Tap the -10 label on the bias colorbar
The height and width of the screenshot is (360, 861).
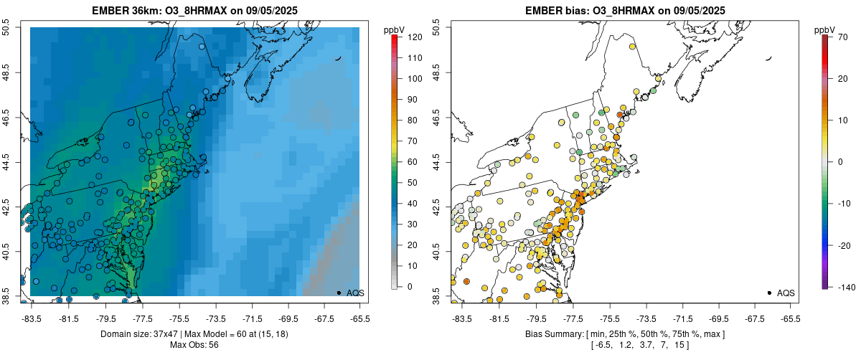[844, 204]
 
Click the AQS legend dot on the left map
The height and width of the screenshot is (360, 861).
[339, 293]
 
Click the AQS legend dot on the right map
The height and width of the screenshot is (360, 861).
[769, 293]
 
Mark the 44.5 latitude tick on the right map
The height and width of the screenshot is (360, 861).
[438, 162]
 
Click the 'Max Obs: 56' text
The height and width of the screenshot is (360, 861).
[194, 345]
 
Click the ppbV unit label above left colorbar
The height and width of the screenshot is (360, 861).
[395, 29]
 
